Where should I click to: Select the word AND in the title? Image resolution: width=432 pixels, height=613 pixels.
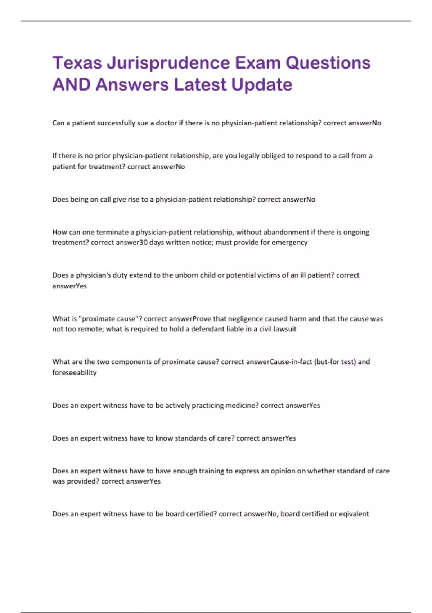point(71,85)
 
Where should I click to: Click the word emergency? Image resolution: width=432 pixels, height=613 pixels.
point(289,242)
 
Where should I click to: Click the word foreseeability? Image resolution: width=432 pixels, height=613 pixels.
point(75,372)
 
